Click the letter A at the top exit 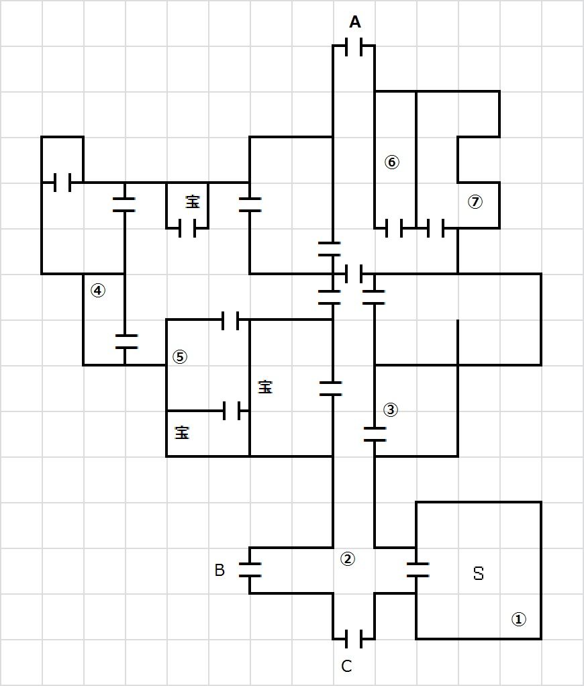coord(355,23)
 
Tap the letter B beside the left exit coord(220,571)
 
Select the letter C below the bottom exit coord(346,667)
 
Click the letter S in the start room coord(479,574)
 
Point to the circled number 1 coord(518,620)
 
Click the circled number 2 coord(347,558)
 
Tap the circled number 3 coord(390,409)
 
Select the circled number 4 coord(98,291)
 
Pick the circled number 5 coord(179,356)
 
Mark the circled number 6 coord(392,162)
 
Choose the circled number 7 coord(475,201)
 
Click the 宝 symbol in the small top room coord(193,201)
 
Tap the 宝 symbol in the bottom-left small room coord(182,433)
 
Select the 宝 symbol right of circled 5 coord(266,387)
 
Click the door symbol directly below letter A coord(354,47)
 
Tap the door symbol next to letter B coord(250,571)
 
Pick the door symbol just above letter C coord(354,638)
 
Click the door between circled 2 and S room coord(417,571)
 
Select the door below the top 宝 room coord(187,229)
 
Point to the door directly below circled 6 coord(395,228)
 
